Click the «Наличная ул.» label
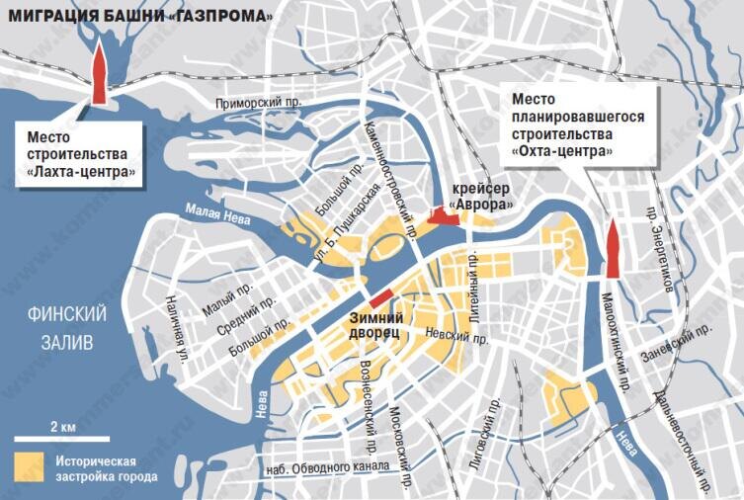click(175, 326)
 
